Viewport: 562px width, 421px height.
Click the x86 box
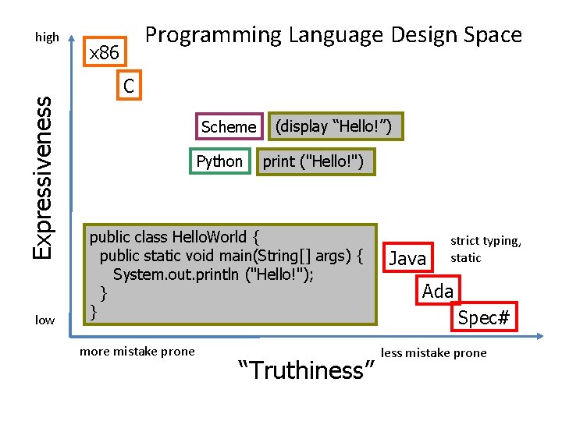click(x=104, y=54)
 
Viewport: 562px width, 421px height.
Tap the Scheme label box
click(x=228, y=126)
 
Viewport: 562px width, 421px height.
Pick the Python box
click(x=220, y=161)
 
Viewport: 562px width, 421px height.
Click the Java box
click(x=408, y=258)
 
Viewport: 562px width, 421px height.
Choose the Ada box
click(x=438, y=292)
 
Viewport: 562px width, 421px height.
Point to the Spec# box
click(x=484, y=317)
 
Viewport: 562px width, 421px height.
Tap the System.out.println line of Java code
click(x=213, y=274)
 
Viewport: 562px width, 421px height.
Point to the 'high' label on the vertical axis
click(x=47, y=37)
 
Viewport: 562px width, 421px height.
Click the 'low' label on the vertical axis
click(x=45, y=320)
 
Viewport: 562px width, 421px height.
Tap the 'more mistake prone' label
click(x=137, y=351)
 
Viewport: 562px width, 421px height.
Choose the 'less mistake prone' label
click(x=434, y=353)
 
